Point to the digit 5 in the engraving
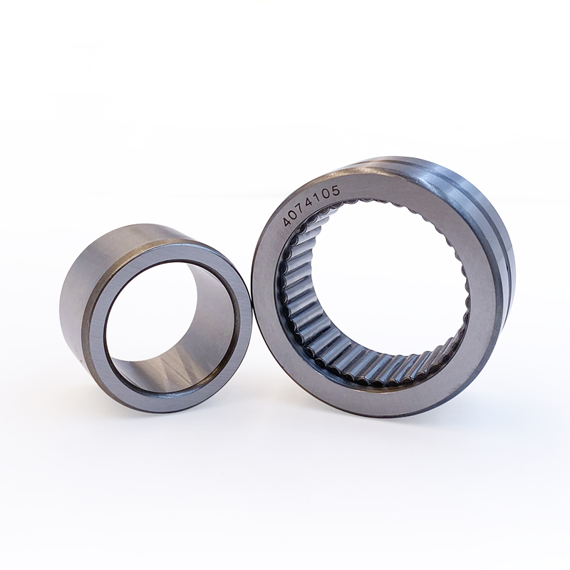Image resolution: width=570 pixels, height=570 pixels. point(335,190)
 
